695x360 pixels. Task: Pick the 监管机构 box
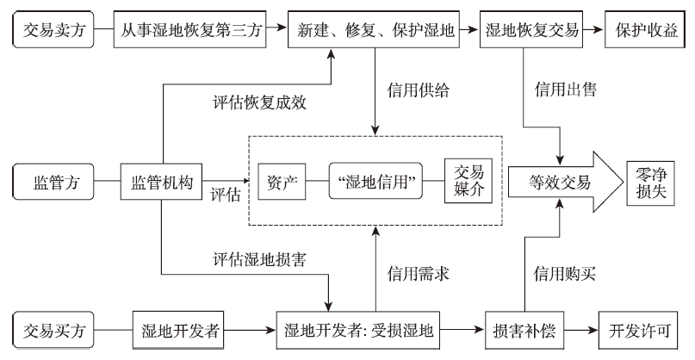pos(162,182)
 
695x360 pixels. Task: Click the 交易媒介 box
pos(467,182)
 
